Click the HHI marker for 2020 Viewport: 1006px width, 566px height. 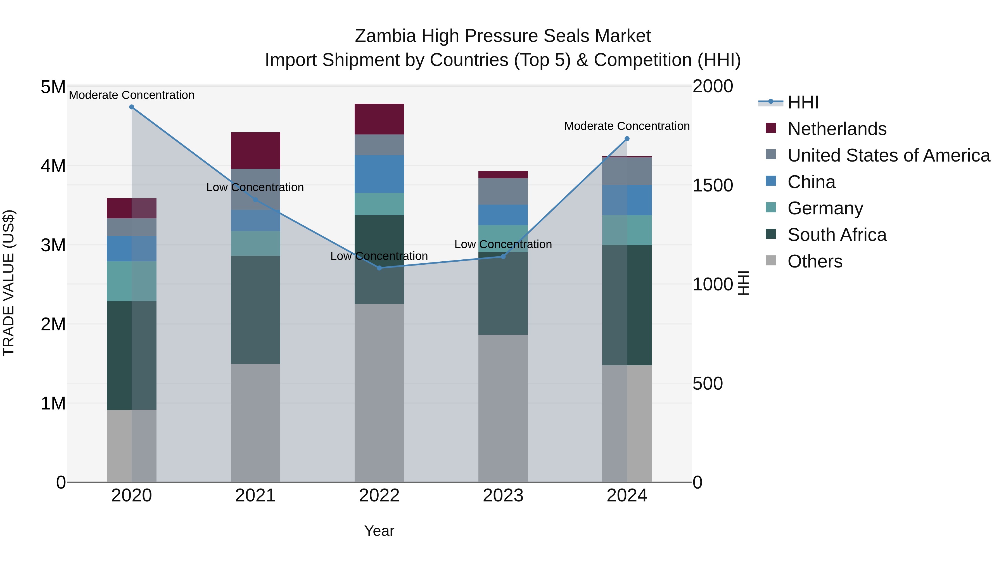point(132,107)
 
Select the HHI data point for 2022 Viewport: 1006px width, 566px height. point(379,268)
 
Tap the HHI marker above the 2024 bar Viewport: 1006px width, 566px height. point(627,139)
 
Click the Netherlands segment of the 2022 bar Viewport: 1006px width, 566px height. point(379,119)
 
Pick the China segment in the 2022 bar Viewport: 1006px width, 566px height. point(379,174)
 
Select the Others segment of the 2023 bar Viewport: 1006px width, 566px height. point(503,408)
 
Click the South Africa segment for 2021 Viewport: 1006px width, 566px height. point(255,310)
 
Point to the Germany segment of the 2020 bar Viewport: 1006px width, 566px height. point(132,281)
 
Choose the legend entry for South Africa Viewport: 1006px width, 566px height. point(836,235)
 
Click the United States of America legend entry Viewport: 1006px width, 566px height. point(888,155)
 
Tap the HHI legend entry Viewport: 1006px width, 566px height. point(803,102)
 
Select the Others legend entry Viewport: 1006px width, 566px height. point(815,261)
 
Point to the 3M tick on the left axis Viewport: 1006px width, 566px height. point(53,245)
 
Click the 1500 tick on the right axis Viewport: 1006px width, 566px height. point(713,186)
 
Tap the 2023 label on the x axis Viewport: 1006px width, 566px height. point(503,496)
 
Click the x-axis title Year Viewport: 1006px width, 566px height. point(379,531)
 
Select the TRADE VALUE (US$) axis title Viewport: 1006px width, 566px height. point(9,283)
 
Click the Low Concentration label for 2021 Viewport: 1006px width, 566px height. point(255,188)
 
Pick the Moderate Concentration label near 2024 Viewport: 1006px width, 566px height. point(627,126)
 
